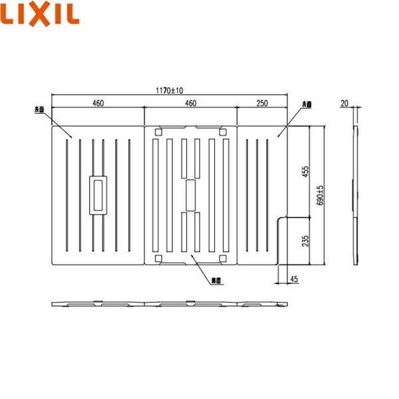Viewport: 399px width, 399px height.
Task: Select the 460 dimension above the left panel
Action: coord(98,102)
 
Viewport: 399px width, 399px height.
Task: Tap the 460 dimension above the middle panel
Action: coord(190,102)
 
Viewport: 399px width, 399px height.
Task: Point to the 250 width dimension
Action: coord(261,102)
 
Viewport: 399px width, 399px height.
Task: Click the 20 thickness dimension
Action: coord(344,102)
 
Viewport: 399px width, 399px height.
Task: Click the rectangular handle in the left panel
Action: coord(98,194)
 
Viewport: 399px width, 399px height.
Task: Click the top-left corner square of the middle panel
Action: coord(158,132)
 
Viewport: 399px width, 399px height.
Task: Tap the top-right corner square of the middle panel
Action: coord(223,132)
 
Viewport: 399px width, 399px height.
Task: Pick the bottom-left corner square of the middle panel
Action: coord(158,258)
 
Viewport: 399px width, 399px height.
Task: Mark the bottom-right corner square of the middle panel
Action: coord(223,258)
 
